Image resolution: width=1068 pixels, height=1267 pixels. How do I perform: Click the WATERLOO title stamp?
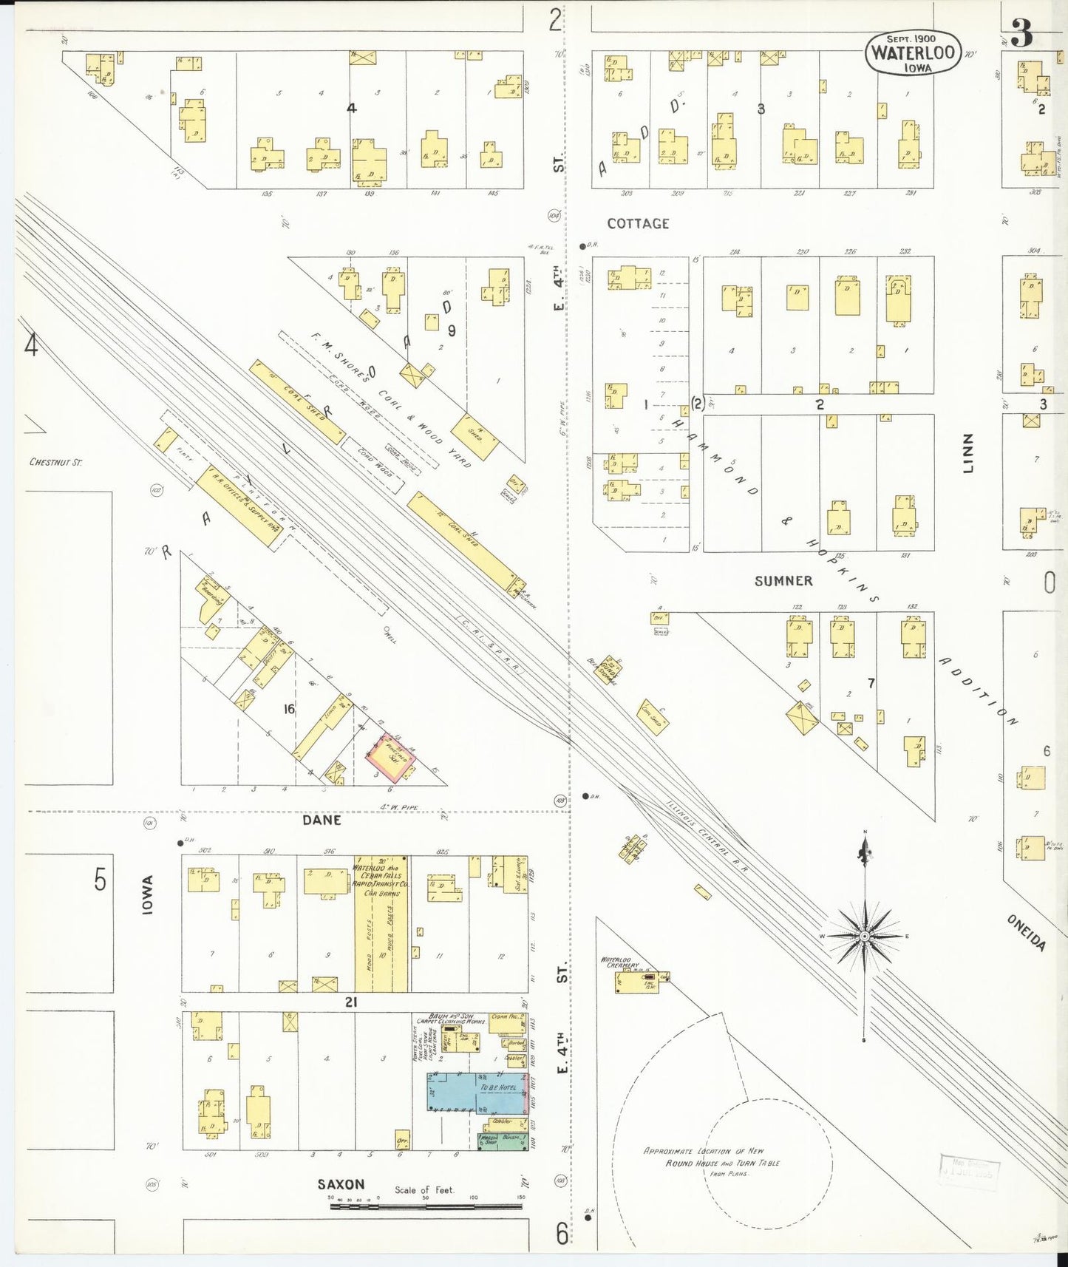point(913,53)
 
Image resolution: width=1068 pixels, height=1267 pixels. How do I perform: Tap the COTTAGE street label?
point(638,223)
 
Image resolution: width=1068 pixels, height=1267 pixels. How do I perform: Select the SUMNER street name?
point(783,581)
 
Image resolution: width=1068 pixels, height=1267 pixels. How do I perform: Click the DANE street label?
point(322,820)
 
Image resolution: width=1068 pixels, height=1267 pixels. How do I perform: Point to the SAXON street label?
point(341,1184)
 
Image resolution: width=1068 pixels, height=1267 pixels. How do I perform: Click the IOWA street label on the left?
point(148,895)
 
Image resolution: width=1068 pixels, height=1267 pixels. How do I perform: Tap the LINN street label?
point(968,453)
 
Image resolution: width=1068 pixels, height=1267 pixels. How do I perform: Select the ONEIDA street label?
point(1027,932)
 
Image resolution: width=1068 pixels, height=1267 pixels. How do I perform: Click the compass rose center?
point(864,936)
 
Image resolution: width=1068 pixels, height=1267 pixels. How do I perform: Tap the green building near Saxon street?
point(503,1141)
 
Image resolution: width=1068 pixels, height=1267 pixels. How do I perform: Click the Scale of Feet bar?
point(426,1206)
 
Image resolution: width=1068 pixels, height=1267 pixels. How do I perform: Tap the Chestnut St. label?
point(55,462)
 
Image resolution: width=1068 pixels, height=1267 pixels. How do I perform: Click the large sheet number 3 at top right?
point(1022,33)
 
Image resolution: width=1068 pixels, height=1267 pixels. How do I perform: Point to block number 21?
point(350,1002)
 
